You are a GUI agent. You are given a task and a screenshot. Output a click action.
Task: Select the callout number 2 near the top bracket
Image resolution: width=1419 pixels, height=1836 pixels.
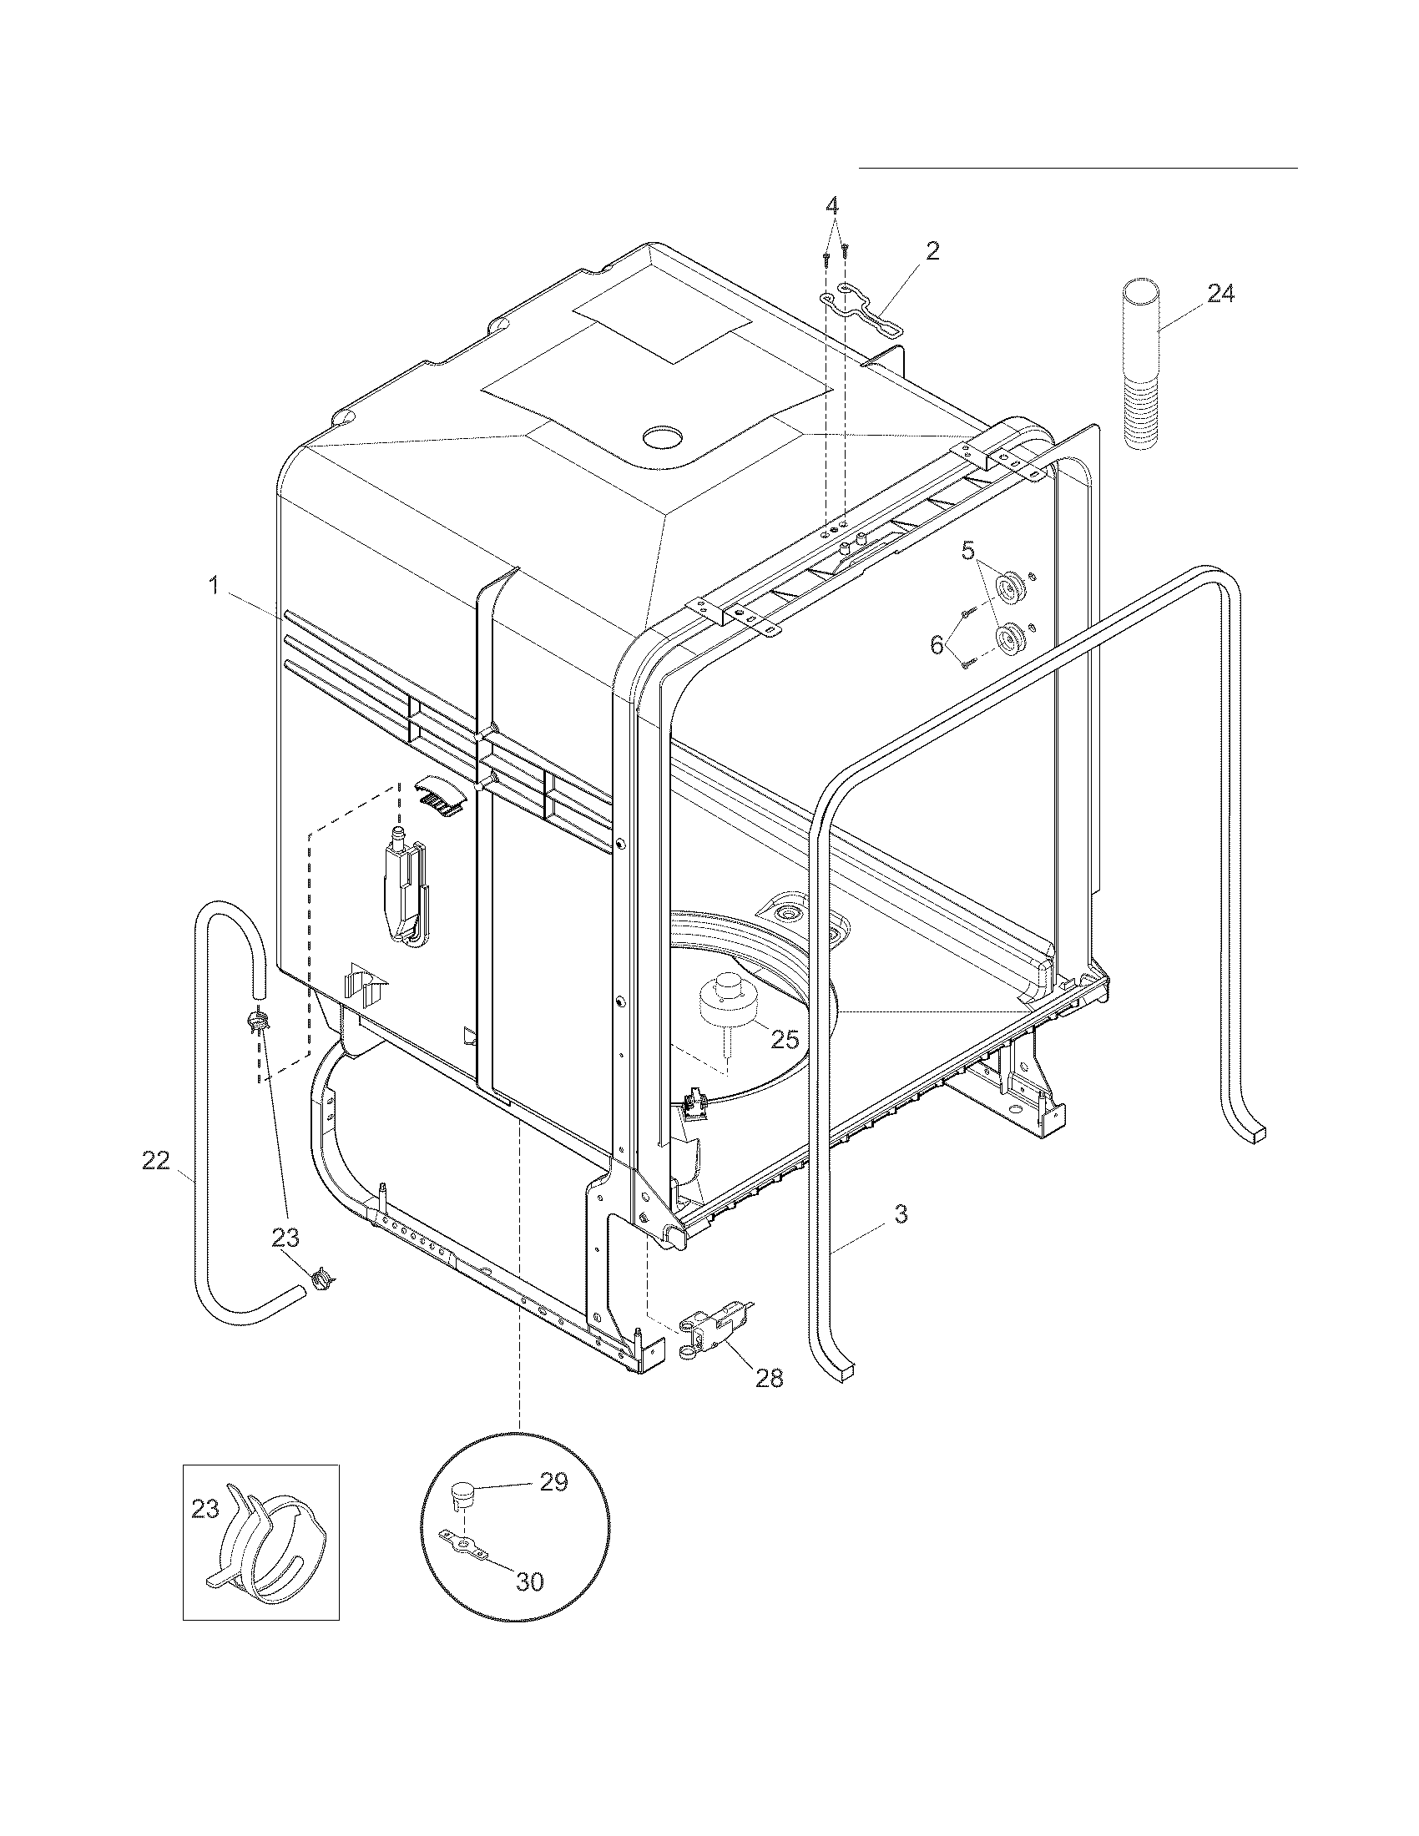(x=932, y=250)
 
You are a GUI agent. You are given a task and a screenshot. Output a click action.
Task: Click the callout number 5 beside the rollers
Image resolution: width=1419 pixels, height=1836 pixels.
(x=967, y=552)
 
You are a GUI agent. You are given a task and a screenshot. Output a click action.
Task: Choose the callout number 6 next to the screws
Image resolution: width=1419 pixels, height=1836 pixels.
(x=937, y=645)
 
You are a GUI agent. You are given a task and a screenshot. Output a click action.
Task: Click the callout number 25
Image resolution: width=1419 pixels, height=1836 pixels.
(x=785, y=1039)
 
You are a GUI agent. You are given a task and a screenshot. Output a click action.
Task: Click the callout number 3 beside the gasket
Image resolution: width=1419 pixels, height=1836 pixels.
(x=900, y=1213)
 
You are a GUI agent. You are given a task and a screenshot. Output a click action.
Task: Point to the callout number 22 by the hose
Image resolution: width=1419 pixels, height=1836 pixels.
(x=155, y=1161)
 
